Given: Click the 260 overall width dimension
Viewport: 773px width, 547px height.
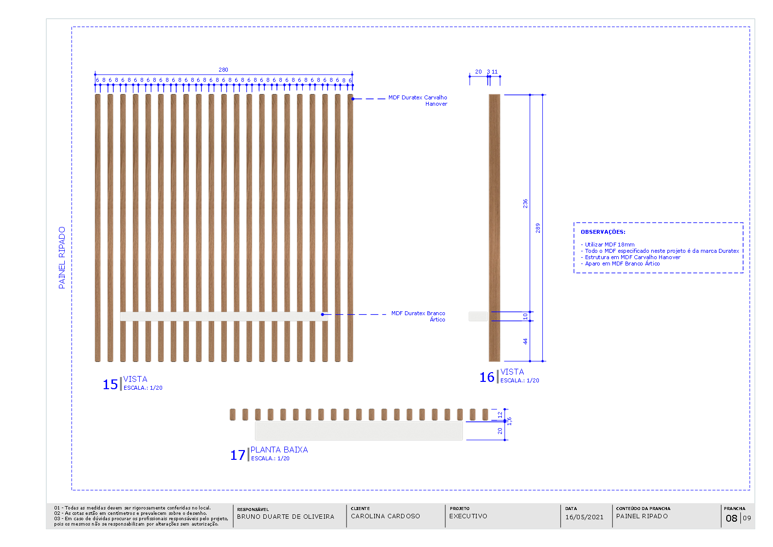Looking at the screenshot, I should click(x=223, y=70).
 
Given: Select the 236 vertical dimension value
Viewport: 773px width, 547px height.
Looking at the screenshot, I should click(x=526, y=203).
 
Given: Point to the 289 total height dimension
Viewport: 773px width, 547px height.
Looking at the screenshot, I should click(x=538, y=228).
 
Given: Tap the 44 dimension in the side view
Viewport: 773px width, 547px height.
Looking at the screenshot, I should click(x=526, y=341).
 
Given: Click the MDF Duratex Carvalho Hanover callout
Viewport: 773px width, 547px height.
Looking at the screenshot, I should click(x=418, y=100).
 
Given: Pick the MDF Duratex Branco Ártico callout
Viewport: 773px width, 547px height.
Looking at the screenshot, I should click(x=418, y=316).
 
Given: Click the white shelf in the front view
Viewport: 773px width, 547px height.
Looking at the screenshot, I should click(x=223, y=316).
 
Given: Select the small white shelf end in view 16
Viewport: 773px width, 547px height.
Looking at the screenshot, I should click(x=478, y=316).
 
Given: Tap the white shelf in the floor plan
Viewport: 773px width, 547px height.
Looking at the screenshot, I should click(x=359, y=431).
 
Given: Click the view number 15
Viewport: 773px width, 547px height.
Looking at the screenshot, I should click(x=110, y=384).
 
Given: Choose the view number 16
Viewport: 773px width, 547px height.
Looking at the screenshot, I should click(x=487, y=377).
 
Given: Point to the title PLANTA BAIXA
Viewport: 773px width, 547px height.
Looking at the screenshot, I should click(x=279, y=450).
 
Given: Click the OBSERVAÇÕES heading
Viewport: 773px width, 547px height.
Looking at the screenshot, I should click(x=603, y=232).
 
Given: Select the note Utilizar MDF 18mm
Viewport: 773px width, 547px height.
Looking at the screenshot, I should click(x=609, y=245).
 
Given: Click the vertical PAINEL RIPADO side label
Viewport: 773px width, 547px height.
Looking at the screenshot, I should click(x=62, y=258).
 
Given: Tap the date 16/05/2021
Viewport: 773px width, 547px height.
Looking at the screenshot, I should click(x=584, y=517).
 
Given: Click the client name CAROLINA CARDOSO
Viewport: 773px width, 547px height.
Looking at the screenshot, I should click(x=385, y=516).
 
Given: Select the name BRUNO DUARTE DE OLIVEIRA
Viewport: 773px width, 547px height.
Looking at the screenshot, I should click(x=285, y=517).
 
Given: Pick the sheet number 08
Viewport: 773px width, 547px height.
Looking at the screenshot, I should click(x=731, y=518).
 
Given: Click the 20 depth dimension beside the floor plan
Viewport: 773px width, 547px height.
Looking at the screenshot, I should click(x=500, y=431).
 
